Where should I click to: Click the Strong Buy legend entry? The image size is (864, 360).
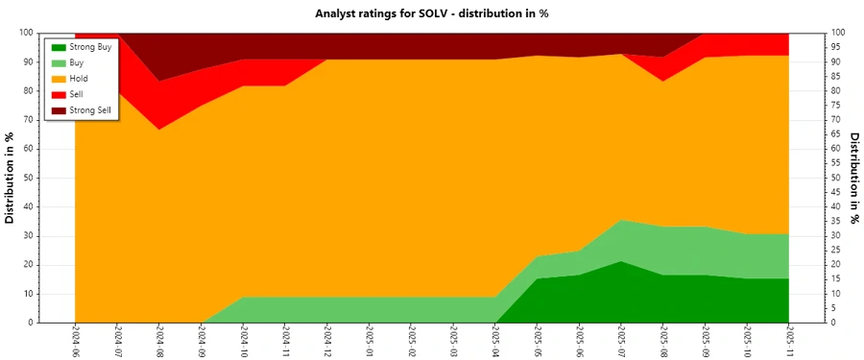(91, 46)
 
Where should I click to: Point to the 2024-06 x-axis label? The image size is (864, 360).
(75, 341)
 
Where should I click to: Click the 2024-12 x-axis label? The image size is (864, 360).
(327, 341)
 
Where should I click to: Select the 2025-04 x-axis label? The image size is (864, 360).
(495, 341)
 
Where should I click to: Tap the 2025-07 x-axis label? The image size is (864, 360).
(621, 341)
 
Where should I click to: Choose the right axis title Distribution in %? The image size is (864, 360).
(853, 178)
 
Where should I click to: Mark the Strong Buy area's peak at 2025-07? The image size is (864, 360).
(621, 262)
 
